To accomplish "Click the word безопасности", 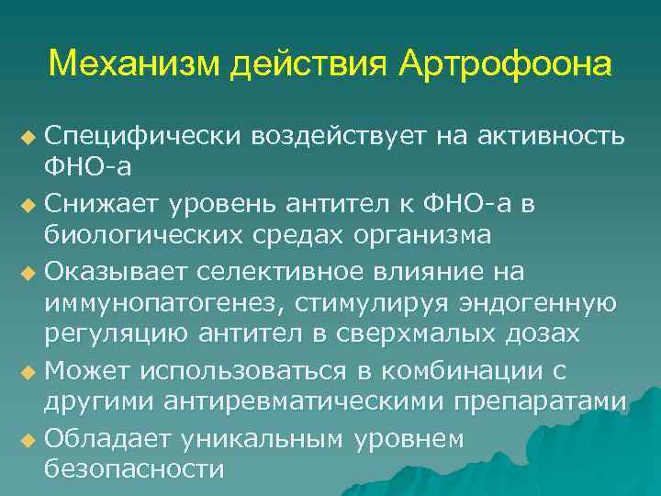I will (x=134, y=469).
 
